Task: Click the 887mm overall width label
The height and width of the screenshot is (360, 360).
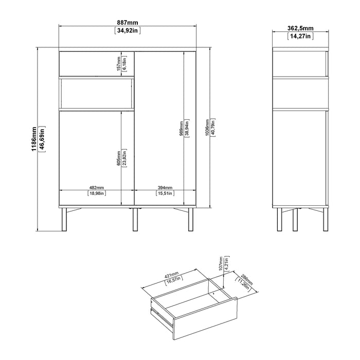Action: click(128, 23)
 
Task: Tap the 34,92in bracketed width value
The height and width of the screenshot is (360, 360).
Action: click(128, 30)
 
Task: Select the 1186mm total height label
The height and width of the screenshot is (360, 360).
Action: click(34, 139)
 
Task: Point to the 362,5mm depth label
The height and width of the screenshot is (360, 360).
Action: click(300, 28)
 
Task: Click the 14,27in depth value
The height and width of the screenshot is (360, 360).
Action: click(300, 36)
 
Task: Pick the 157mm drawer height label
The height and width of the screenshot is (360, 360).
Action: click(119, 64)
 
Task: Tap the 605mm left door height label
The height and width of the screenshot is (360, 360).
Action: click(119, 158)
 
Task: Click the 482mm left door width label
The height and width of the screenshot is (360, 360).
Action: click(97, 188)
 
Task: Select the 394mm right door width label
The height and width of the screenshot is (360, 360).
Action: click(165, 188)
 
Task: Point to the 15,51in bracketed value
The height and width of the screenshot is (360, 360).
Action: click(165, 193)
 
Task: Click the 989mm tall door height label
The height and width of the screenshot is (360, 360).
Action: click(182, 129)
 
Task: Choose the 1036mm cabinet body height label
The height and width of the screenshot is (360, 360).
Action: click(207, 128)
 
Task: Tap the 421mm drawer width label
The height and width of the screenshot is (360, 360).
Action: click(171, 275)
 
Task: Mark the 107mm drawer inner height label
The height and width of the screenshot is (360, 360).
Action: click(221, 263)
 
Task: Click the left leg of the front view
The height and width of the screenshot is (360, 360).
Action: click(64, 219)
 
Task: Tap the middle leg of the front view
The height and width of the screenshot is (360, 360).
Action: click(135, 219)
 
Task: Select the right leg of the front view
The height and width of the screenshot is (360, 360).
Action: click(191, 219)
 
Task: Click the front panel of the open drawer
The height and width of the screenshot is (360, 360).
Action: click(205, 318)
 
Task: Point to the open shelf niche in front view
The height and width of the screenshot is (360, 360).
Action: click(97, 94)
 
